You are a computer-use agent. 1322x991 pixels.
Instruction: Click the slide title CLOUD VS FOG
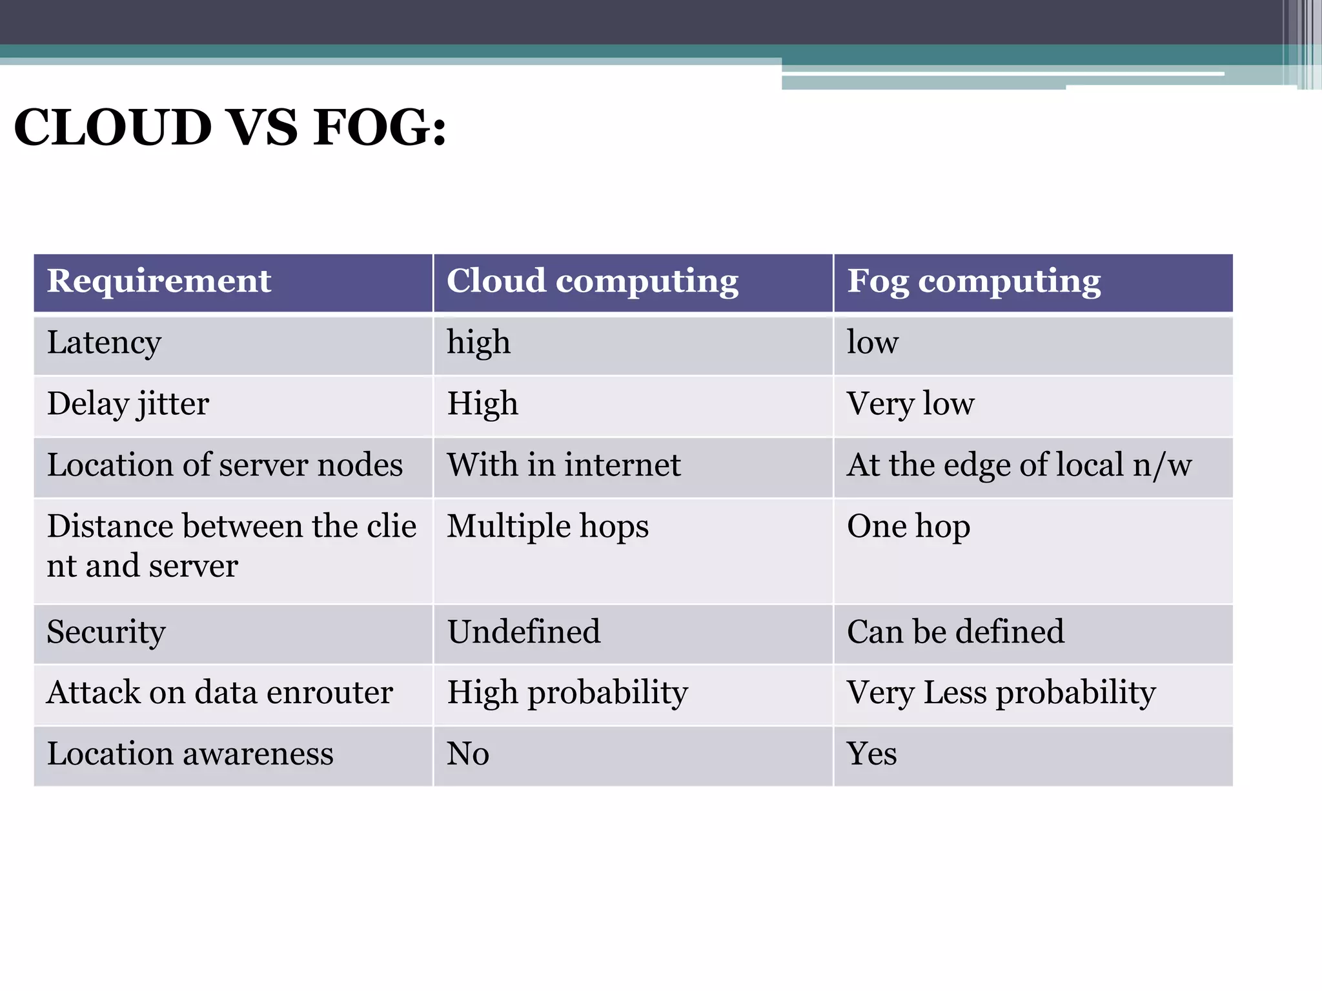point(230,127)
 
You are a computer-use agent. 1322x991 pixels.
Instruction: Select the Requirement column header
point(159,281)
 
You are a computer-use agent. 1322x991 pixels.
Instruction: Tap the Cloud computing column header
point(592,281)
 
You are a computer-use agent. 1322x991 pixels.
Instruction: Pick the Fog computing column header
point(973,281)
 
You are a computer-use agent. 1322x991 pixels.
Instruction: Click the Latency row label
point(104,343)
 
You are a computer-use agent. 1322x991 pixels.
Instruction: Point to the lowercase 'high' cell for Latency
point(478,343)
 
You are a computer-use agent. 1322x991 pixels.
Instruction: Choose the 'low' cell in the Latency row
point(872,343)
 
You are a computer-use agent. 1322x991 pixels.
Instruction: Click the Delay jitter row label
point(128,405)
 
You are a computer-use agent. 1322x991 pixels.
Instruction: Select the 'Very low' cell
point(910,405)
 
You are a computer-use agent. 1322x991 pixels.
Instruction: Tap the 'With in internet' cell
point(564,465)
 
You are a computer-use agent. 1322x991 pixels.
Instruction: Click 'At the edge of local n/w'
point(1019,465)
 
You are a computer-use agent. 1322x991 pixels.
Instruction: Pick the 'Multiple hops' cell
point(547,526)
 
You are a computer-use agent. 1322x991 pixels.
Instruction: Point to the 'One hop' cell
point(908,526)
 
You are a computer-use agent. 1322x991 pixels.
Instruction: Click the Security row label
point(107,632)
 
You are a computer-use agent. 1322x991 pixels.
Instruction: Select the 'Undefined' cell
point(524,632)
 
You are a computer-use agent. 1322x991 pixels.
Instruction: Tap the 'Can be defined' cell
point(955,632)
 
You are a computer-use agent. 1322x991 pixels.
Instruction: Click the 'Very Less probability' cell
point(1001,693)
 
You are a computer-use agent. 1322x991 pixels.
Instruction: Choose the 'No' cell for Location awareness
point(468,754)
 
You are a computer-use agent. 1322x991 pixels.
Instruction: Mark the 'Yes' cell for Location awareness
point(871,754)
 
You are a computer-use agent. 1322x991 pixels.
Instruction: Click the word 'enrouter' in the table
point(329,693)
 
